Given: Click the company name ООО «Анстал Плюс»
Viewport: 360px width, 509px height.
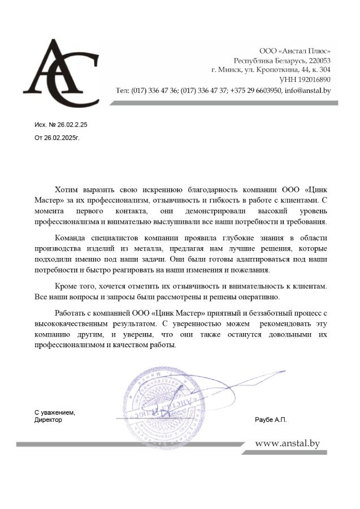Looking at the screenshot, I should point(294,51).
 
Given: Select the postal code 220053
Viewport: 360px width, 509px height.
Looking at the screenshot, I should point(319,61).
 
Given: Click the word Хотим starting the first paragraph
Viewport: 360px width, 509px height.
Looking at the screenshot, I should point(68,190).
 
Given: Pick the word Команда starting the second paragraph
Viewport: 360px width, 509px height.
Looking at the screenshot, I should point(73,238).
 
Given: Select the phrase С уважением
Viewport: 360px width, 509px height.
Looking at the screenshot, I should point(55,412).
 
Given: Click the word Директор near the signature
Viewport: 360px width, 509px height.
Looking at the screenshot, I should point(48,420).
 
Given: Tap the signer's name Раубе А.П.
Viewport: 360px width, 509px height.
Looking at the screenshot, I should point(271,420).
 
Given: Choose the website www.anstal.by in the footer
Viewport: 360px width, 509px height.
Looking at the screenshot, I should point(288,443).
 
